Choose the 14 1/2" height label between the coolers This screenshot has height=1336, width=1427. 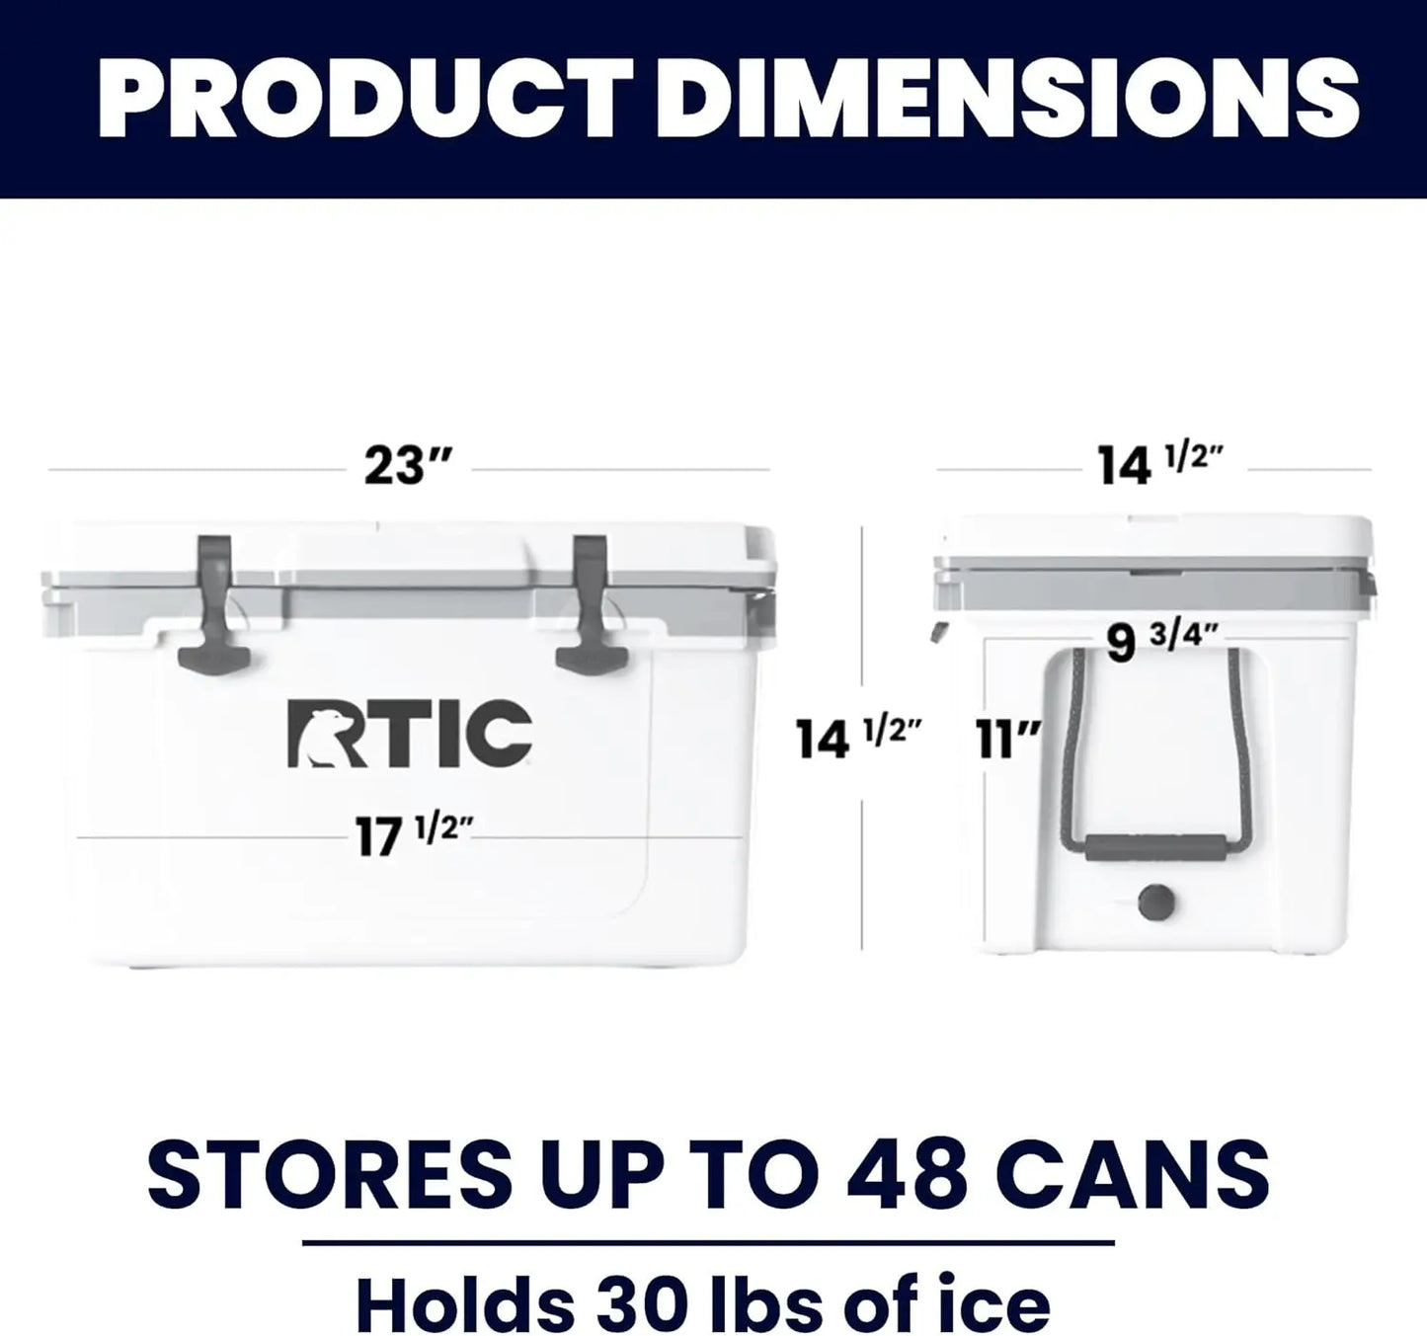(x=858, y=738)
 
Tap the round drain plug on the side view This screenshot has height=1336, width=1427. (x=1156, y=901)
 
